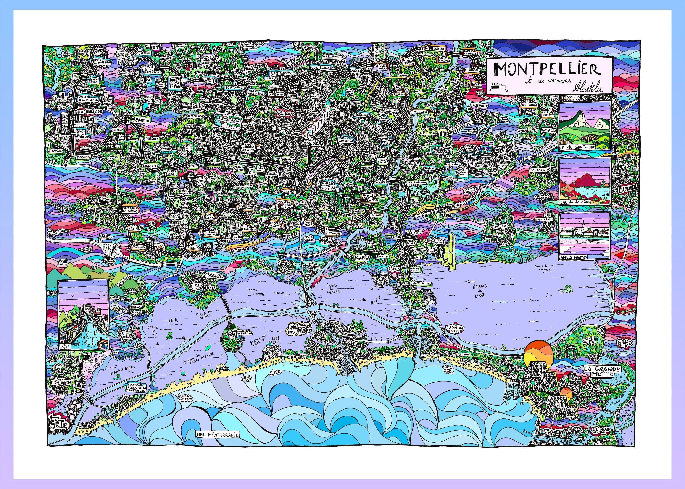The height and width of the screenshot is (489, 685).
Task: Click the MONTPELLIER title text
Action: pos(547,70)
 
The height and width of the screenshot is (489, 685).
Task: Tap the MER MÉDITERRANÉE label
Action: pos(217,434)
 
